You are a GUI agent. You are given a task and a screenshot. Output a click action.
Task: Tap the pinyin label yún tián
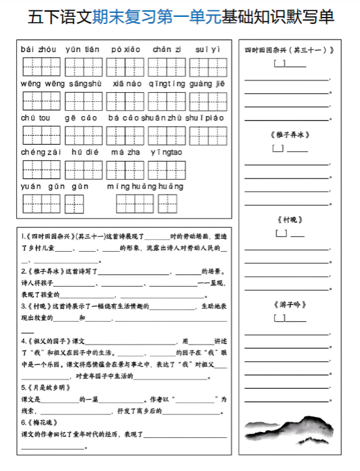(82, 49)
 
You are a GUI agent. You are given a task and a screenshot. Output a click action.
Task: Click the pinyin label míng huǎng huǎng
(146, 186)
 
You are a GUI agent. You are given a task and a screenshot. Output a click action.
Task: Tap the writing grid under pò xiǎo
(125, 66)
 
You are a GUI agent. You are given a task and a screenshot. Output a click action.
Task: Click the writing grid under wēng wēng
(41, 101)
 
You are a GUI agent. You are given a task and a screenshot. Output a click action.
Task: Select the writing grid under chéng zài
(41, 169)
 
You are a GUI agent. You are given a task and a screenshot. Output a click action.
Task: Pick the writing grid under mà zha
(125, 169)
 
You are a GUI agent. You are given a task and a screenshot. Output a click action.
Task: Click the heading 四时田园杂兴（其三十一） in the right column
(289, 51)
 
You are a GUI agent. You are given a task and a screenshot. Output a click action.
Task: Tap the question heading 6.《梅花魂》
(41, 422)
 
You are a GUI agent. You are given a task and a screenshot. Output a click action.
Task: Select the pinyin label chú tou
(35, 118)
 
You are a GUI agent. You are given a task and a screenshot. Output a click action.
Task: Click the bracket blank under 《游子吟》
(281, 318)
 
